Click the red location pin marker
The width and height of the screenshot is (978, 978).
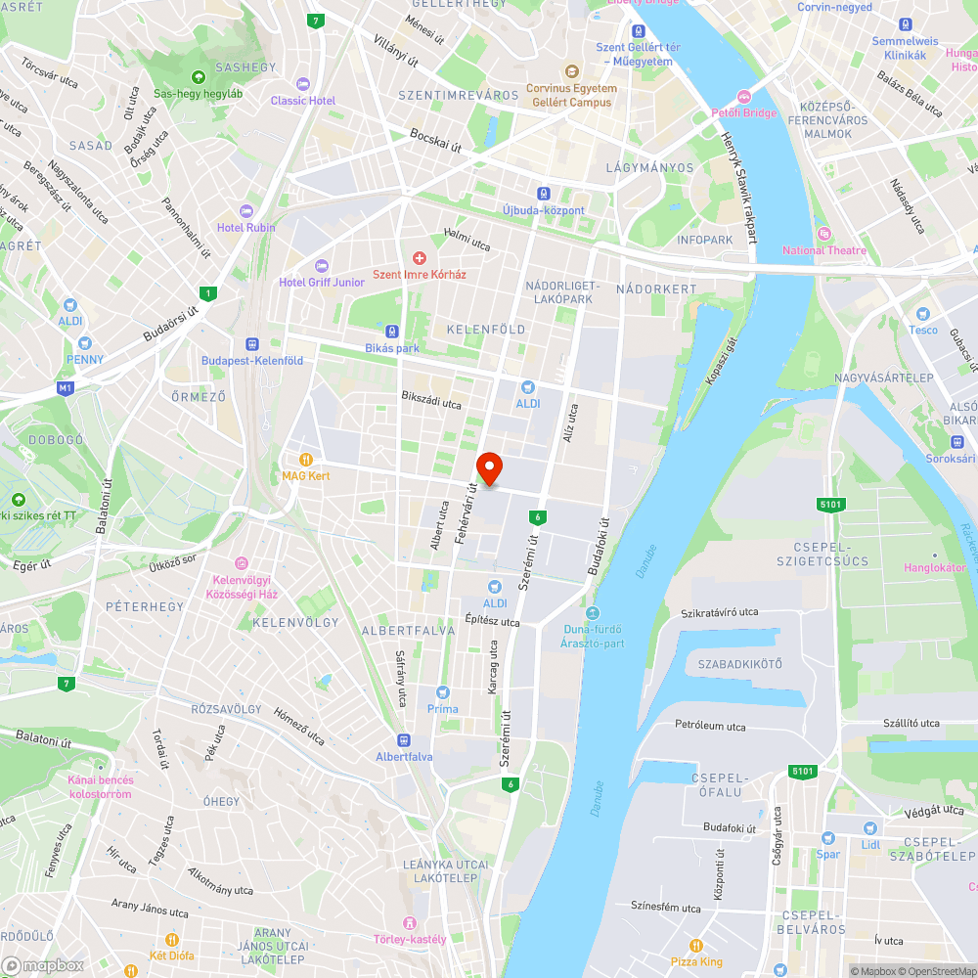[489, 467]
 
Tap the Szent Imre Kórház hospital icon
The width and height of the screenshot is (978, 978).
[420, 258]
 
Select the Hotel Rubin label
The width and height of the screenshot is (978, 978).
[245, 227]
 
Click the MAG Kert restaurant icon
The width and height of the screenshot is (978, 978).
[306, 459]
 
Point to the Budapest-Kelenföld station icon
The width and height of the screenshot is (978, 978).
[251, 344]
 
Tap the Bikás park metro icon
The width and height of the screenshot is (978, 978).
[392, 332]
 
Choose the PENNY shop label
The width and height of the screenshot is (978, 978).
[84, 358]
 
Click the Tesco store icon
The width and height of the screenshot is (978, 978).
[922, 314]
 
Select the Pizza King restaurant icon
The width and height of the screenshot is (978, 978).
[696, 946]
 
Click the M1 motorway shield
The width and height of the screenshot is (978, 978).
[66, 388]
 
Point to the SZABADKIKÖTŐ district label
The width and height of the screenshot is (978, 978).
[739, 665]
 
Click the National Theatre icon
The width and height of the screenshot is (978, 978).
[824, 234]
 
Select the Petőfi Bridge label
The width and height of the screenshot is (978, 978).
[743, 112]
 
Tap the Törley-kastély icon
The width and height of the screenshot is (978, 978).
[410, 923]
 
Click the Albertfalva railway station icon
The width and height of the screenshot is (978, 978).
[404, 740]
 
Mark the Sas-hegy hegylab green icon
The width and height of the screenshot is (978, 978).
[199, 77]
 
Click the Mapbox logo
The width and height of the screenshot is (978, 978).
[43, 965]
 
